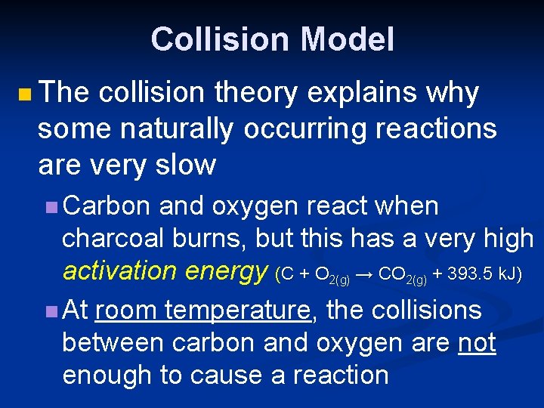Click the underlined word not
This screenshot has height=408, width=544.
coord(478,342)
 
